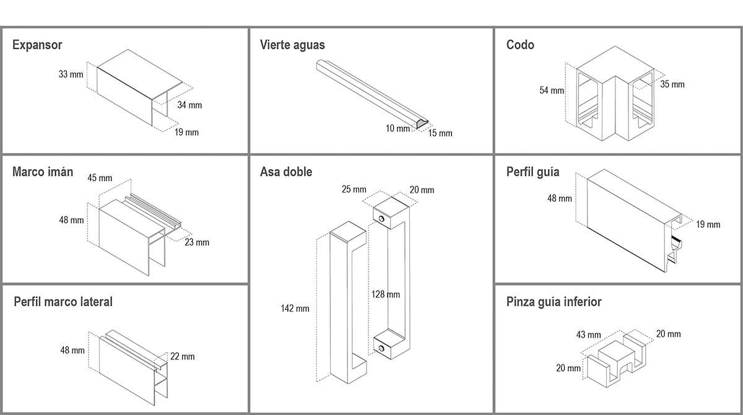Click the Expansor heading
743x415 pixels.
pos(37,45)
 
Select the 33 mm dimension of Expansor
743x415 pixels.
pos(71,74)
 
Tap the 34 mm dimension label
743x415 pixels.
pos(189,105)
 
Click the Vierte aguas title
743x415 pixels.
pos(292,45)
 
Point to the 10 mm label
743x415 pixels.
pos(398,129)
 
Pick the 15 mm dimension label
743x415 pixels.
pos(440,133)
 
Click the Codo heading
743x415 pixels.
pos(520,45)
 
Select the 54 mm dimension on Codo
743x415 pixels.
pos(552,90)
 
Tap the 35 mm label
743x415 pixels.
pos(672,84)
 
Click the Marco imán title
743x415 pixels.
pos(43,172)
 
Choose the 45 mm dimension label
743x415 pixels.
pos(100,178)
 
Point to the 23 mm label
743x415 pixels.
pos(197,242)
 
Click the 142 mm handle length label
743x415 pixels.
pos(295,308)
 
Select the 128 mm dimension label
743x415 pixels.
pos(385,294)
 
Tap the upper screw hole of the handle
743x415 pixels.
pos(384,219)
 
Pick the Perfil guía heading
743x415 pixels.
pos(532,172)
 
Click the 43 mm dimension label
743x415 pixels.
pos(588,335)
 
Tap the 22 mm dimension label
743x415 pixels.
pos(183,357)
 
